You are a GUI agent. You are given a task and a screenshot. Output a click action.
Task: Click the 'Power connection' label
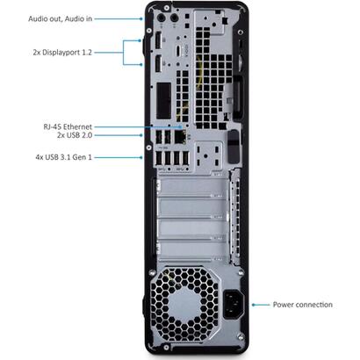coord(301,304)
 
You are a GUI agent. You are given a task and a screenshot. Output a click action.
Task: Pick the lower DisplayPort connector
coord(160,63)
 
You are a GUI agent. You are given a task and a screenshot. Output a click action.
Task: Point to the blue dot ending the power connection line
coord(255,304)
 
